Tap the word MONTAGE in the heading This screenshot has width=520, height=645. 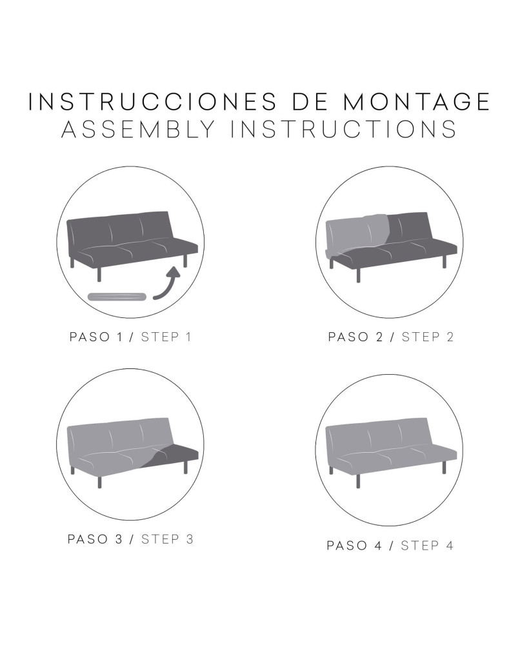tap(416, 102)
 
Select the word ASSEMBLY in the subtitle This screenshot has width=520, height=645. tap(139, 129)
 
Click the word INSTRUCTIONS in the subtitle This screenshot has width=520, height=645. tap(343, 129)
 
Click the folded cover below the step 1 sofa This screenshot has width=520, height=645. tap(117, 297)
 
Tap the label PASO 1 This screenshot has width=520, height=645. tap(96, 337)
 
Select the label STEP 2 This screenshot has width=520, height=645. tap(428, 337)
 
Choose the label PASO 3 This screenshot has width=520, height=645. tap(95, 539)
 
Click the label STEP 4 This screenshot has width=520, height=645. tap(427, 546)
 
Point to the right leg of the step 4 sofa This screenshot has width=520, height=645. tap(445, 467)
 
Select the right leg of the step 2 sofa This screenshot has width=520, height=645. tap(445, 261)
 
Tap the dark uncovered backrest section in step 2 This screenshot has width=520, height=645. tap(407, 228)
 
